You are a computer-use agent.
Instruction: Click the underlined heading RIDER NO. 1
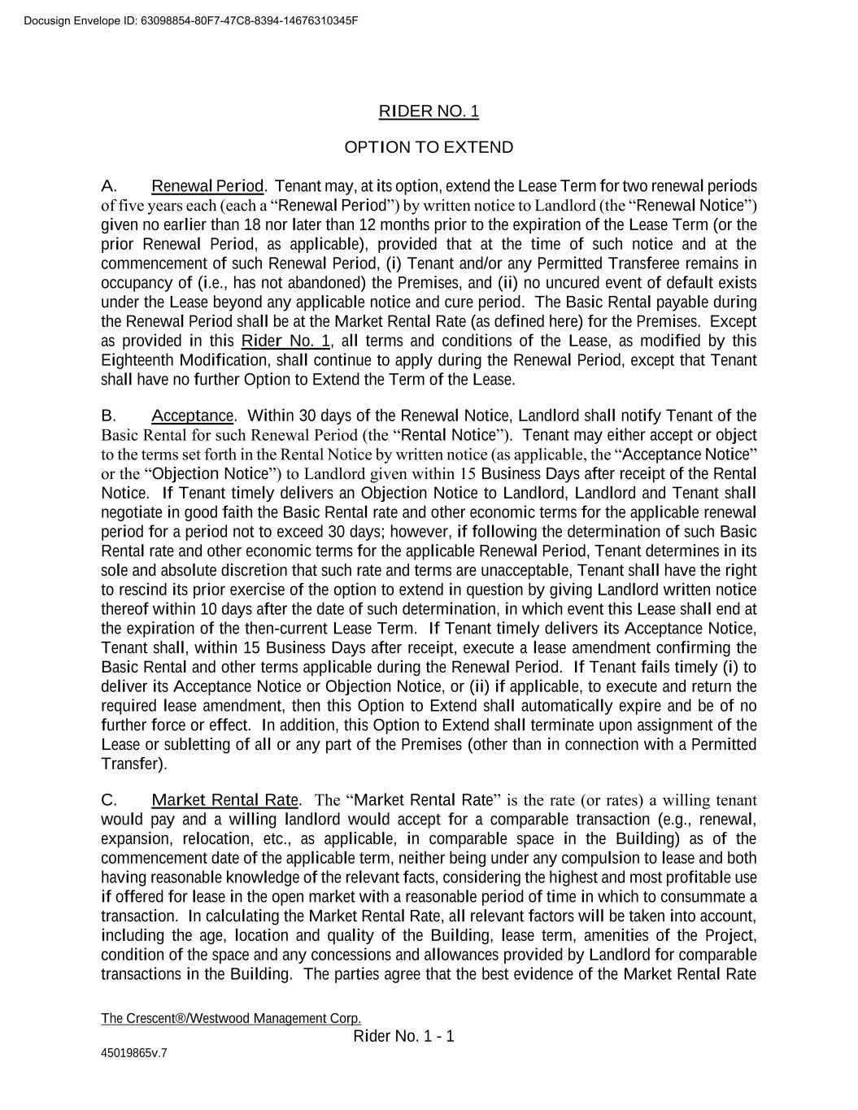429,111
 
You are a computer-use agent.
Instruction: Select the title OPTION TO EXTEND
429,147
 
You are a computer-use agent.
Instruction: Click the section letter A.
110,186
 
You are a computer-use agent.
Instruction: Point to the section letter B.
109,416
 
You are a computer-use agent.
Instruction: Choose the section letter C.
110,799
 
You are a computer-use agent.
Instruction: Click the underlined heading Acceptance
193,416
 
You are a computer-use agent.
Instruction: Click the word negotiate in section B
132,512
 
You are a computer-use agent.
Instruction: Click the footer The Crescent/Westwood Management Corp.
231,1019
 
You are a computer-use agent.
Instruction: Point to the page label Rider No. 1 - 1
404,1036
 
